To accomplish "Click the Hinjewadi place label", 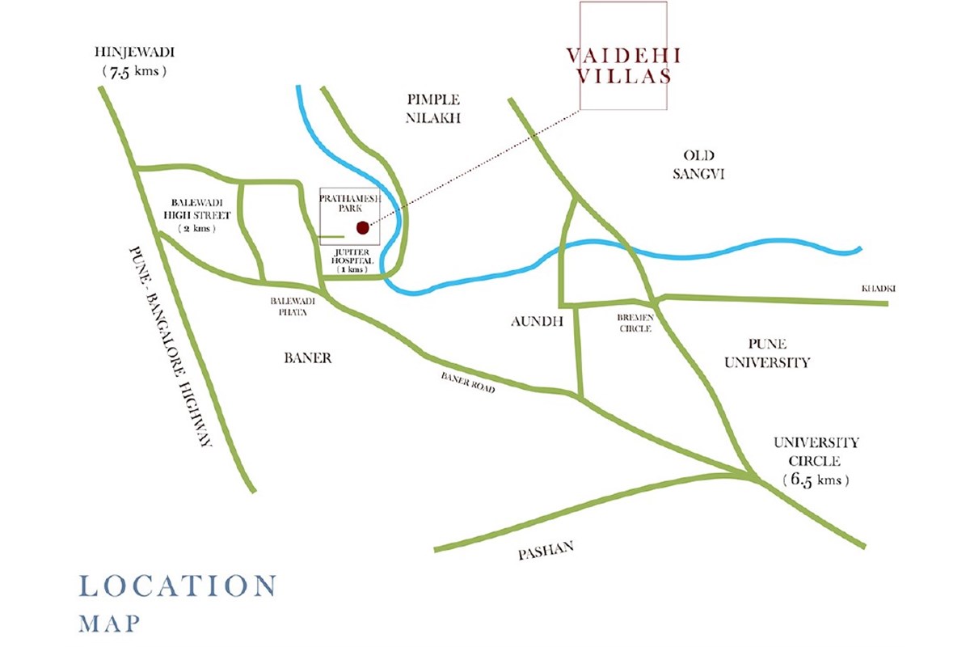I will click(135, 53).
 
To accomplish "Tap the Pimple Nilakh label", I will click(434, 108).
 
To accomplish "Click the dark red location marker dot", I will click(363, 227).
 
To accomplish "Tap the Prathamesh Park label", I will click(346, 204).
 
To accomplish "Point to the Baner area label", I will click(308, 357).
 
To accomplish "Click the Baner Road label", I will click(467, 383).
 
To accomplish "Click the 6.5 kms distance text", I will click(816, 480).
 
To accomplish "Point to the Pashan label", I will click(546, 552).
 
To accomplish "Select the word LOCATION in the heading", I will click(178, 586).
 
